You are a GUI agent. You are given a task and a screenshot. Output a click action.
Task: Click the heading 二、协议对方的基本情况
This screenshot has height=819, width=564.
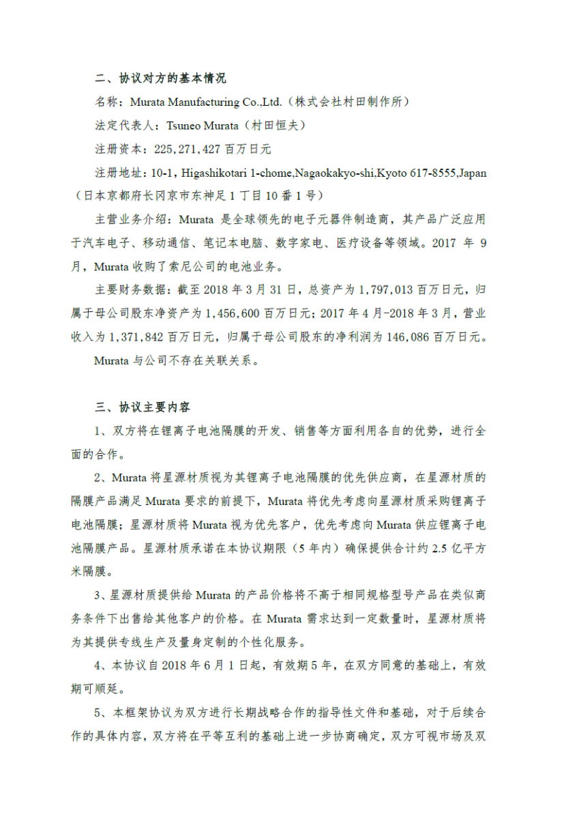[x=161, y=78]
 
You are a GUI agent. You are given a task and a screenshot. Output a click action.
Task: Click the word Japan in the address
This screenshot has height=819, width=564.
[x=473, y=173]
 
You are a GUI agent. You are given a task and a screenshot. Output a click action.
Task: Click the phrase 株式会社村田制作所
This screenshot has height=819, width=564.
[x=351, y=102]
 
